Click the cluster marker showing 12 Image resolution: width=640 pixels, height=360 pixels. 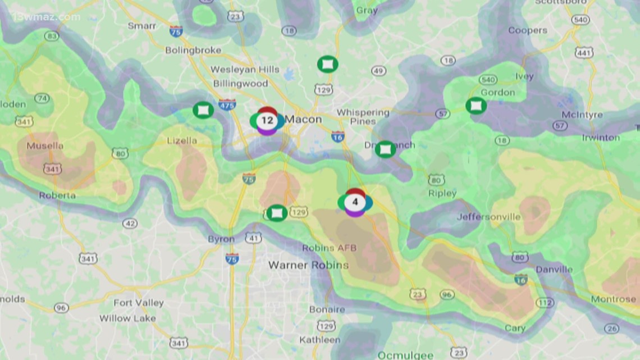[x=267, y=120]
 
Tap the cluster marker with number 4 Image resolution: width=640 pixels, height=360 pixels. [x=355, y=202]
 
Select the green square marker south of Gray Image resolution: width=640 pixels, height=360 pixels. [x=327, y=64]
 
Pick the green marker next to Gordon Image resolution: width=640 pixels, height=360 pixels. [x=476, y=105]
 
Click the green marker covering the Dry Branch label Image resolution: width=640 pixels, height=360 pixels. [x=385, y=149]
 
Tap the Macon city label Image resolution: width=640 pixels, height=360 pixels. [x=303, y=119]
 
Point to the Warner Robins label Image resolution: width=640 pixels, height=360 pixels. [x=308, y=265]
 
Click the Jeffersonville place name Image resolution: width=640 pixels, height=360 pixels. [x=488, y=217]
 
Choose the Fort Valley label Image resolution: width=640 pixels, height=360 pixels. [x=139, y=303]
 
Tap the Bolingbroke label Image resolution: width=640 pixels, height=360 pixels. [x=193, y=51]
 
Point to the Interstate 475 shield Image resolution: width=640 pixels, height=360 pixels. [x=227, y=104]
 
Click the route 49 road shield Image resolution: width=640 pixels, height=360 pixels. [x=378, y=71]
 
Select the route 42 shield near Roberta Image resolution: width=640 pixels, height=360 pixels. [x=130, y=224]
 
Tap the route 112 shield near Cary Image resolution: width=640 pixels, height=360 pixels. [x=544, y=303]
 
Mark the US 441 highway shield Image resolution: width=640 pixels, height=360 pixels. [x=584, y=52]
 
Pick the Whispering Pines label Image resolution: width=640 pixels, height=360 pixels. [x=363, y=117]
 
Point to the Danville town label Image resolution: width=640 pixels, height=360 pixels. [x=554, y=270]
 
